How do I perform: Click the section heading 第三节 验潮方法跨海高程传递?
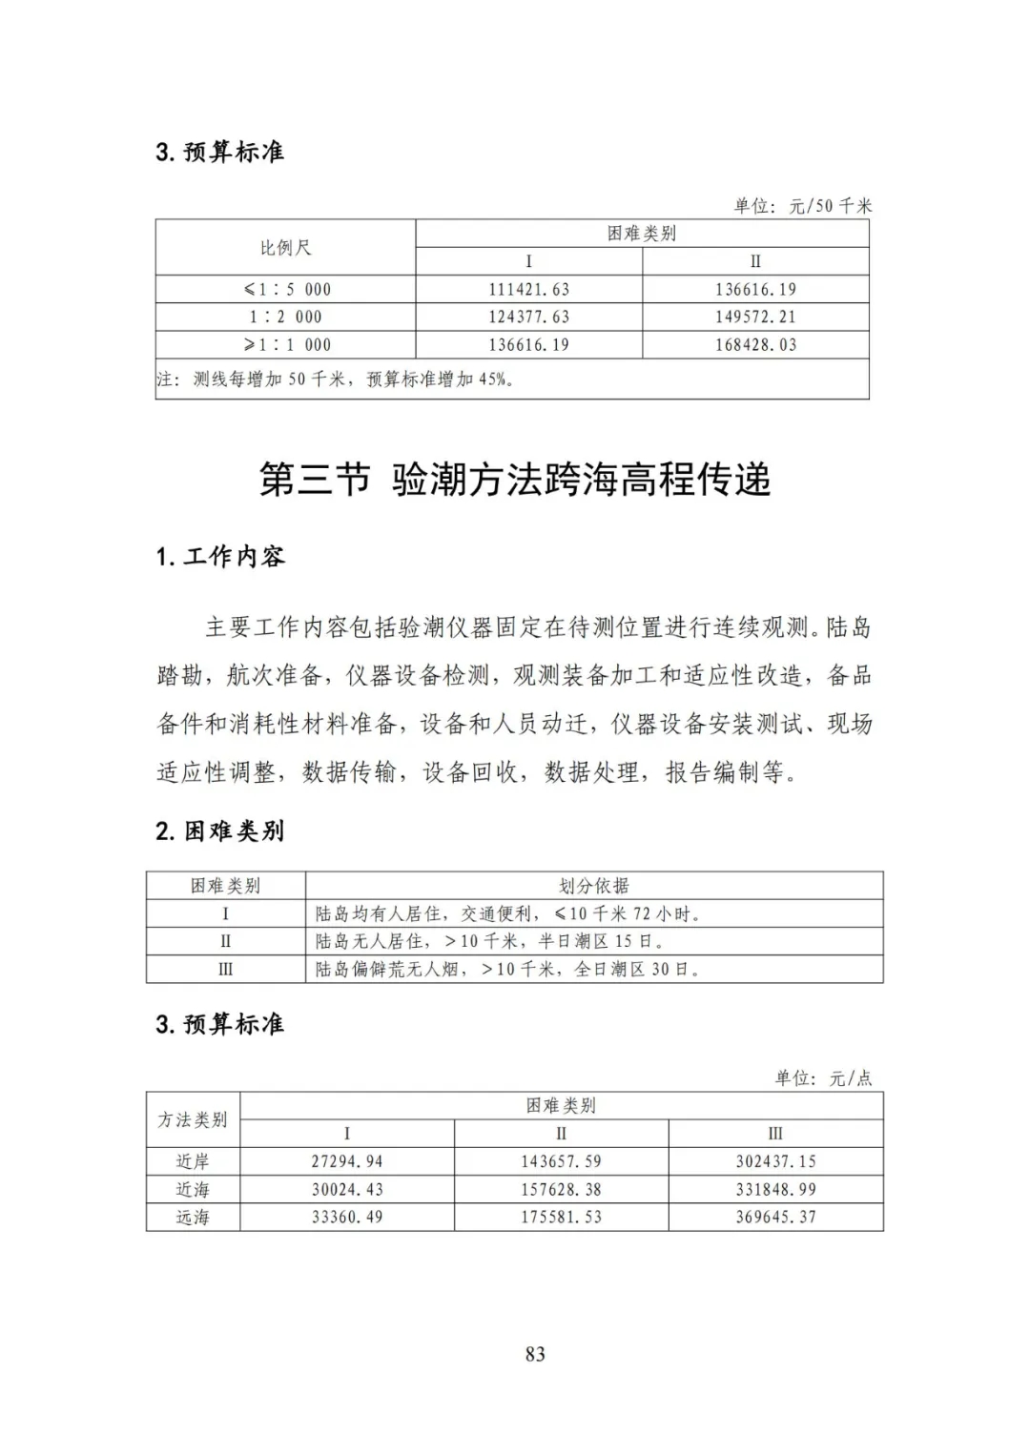pos(515,480)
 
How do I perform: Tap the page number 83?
pos(535,1354)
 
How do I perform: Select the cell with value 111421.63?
pos(528,290)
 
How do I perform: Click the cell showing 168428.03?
pos(755,345)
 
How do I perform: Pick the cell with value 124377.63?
pos(528,318)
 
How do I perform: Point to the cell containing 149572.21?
pos(755,318)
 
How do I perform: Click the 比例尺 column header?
pos(285,248)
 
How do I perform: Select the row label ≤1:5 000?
pos(287,290)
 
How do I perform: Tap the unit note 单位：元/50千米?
pos(802,206)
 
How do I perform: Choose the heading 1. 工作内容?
pos(220,557)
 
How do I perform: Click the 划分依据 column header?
pos(593,886)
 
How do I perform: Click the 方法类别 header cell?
pos(193,1119)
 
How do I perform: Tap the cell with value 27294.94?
pos(347,1161)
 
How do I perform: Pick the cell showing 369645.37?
pos(775,1218)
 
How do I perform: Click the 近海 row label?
pos(193,1190)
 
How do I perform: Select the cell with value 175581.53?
pos(561,1218)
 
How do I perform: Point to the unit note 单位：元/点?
pos(823,1078)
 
